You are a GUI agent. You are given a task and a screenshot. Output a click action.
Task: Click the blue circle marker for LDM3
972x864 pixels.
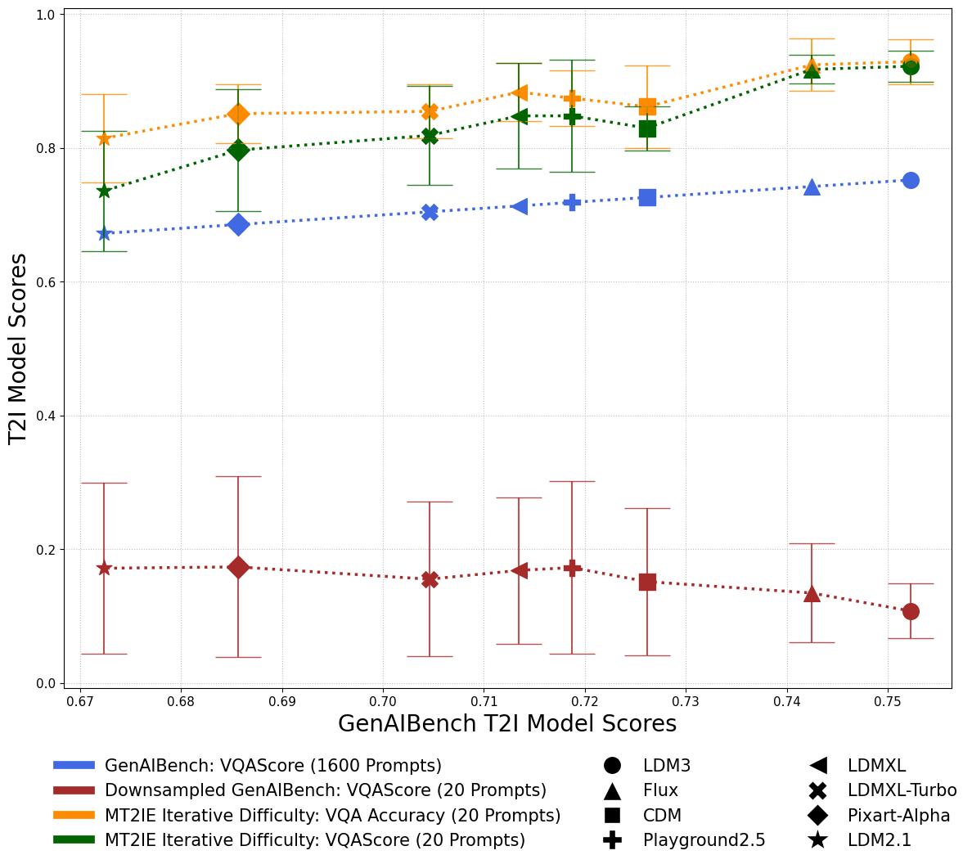pos(911,180)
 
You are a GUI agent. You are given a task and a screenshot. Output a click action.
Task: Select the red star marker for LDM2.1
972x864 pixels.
pos(104,568)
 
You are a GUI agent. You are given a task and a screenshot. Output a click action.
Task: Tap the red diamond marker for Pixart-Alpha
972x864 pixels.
pos(238,567)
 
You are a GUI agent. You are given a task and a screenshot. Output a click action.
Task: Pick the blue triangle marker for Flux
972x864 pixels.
pos(812,187)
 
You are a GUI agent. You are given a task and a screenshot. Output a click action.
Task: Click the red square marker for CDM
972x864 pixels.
pos(647,582)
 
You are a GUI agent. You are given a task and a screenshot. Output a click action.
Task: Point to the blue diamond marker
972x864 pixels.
pos(238,224)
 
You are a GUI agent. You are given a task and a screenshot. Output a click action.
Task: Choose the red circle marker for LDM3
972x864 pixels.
pos(911,611)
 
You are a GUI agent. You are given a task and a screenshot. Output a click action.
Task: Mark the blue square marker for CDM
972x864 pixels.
pos(647,197)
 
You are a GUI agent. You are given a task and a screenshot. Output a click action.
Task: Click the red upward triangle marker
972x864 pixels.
pos(812,594)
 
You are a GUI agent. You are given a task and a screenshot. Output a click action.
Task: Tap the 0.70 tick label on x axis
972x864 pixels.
pos(383,701)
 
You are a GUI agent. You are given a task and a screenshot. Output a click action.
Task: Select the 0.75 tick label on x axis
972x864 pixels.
pos(888,701)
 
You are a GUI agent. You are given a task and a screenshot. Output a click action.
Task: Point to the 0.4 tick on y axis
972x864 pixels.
pos(48,416)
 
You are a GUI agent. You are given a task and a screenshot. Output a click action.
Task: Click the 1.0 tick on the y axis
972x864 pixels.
pos(48,15)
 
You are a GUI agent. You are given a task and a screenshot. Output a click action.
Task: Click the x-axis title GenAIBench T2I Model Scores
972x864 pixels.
pos(506,724)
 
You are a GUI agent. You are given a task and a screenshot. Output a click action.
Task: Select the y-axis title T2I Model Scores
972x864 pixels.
pos(18,349)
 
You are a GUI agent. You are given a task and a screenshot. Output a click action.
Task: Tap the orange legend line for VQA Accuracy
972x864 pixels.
pos(74,815)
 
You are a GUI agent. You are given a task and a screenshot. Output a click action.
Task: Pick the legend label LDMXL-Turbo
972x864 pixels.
pos(902,790)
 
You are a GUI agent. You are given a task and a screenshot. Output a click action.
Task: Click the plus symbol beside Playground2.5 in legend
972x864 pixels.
pos(612,839)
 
